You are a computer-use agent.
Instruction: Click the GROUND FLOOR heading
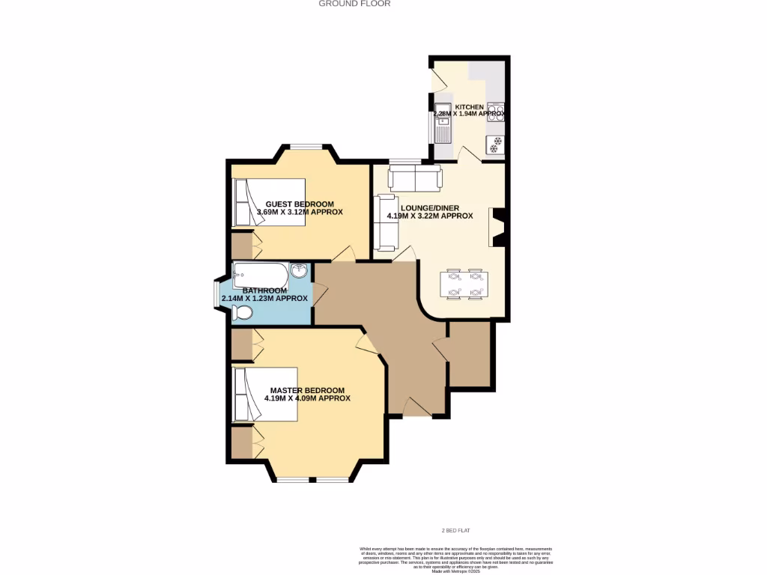[354, 4]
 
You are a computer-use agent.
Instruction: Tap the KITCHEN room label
[470, 107]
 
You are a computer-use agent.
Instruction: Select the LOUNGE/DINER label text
[429, 208]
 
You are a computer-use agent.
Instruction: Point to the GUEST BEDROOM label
[300, 204]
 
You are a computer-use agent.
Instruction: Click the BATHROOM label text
[264, 290]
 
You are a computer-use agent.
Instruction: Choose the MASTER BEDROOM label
[307, 390]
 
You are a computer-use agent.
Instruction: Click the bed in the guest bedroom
[269, 202]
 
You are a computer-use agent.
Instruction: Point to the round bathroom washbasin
[300, 271]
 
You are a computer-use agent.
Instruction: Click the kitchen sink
[443, 124]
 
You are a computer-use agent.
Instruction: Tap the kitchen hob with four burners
[495, 112]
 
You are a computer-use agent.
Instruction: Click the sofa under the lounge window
[415, 178]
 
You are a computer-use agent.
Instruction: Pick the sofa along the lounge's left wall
[386, 222]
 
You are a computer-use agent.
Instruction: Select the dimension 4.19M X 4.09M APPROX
[307, 399]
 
